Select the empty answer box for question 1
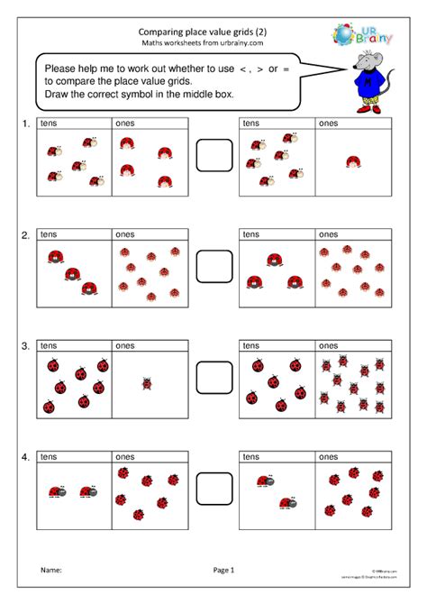coord(214,154)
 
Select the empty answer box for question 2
coord(214,265)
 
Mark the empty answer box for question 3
coord(214,378)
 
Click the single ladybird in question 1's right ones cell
coord(353,161)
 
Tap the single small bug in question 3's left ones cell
coord(147,384)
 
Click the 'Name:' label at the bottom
coord(50,570)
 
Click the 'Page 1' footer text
coord(223,570)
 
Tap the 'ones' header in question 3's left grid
coord(124,345)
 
